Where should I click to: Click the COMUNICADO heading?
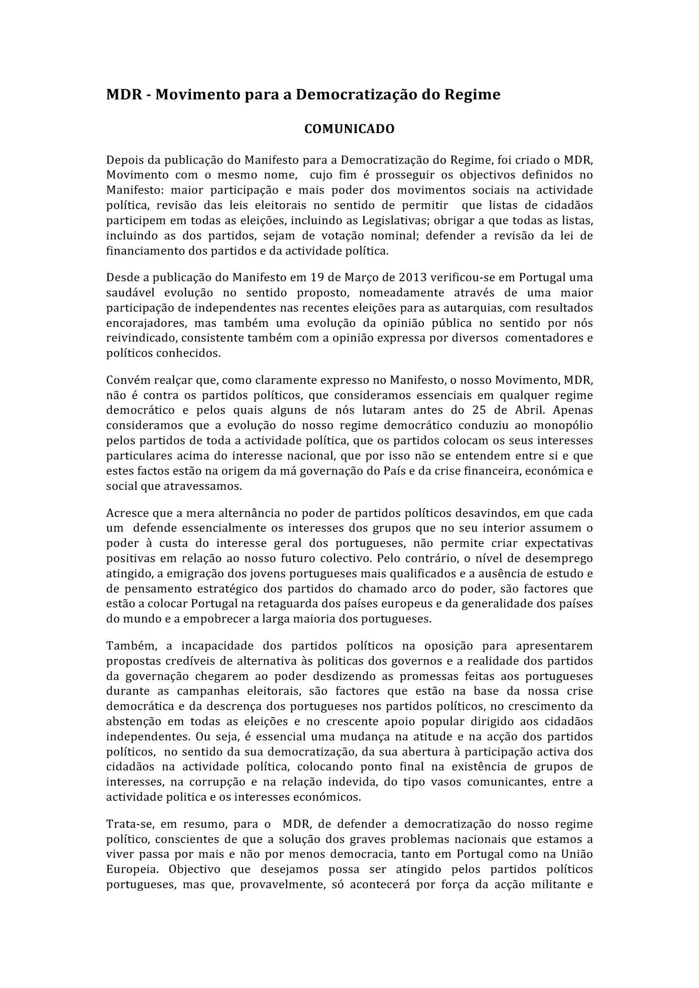pyautogui.click(x=349, y=129)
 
